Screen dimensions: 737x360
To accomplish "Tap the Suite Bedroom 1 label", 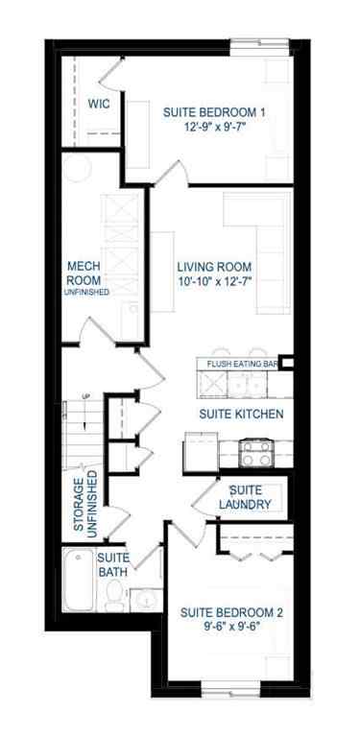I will [x=214, y=111].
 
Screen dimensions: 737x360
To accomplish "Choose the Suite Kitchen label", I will [x=240, y=415].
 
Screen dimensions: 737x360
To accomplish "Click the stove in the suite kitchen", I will [x=255, y=452].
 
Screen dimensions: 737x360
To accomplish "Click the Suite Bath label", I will [x=112, y=564].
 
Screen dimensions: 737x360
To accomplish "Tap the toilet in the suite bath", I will [x=114, y=600].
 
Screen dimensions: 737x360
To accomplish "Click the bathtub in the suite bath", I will [x=78, y=581].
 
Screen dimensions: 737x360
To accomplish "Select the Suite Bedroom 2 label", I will [x=228, y=611].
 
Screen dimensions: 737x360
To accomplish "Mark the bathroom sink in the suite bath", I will [x=144, y=600].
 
